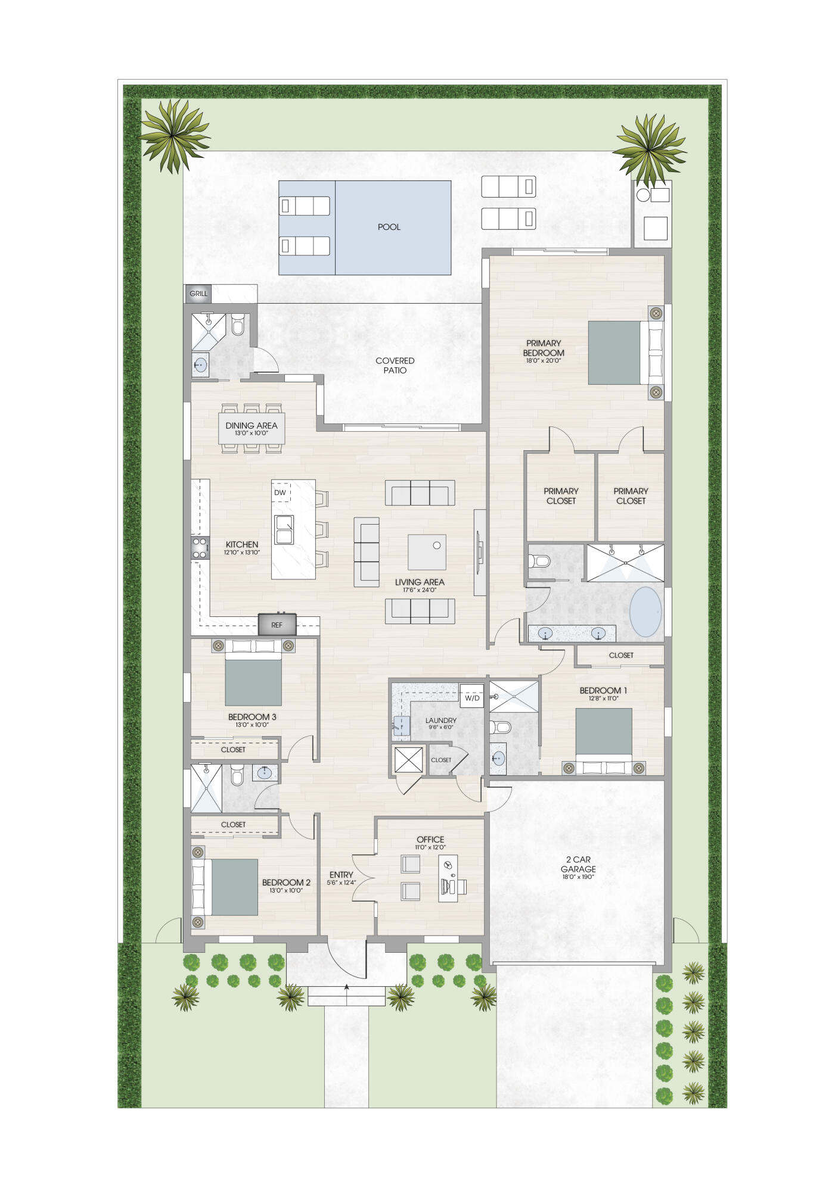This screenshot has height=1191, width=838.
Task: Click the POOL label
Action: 389,227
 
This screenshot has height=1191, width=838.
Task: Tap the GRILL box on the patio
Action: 198,294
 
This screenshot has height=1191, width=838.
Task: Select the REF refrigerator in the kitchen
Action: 277,625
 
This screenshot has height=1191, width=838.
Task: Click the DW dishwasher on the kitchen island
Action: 280,492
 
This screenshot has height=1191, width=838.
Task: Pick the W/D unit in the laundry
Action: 472,697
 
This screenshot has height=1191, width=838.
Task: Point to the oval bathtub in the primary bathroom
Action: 645,612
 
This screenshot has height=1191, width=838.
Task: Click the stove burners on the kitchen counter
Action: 199,548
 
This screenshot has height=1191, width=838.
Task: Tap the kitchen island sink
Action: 284,529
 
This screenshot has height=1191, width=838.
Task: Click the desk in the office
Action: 448,878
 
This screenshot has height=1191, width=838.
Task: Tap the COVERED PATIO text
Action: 395,365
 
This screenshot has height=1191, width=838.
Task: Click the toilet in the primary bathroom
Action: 539,560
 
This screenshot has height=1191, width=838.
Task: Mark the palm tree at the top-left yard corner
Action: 174,136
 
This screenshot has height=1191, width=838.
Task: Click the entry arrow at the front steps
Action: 347,987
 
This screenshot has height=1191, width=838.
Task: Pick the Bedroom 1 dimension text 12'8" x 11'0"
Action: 603,699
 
